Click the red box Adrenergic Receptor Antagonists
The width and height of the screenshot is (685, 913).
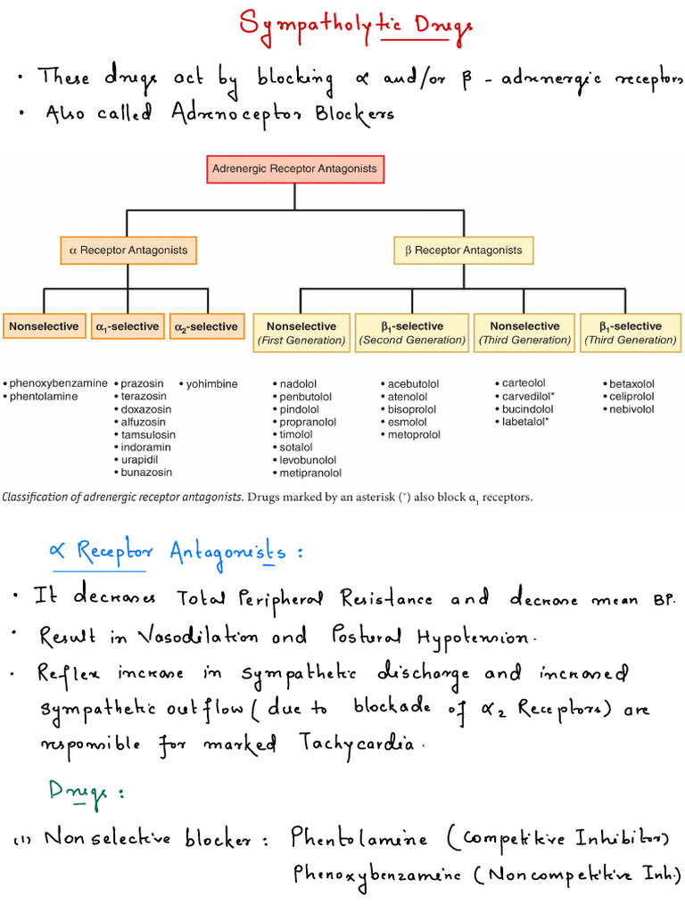click(293, 169)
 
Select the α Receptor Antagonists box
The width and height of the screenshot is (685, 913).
click(128, 251)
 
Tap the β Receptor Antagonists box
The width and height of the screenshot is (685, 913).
click(464, 251)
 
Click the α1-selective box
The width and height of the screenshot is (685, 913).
click(128, 327)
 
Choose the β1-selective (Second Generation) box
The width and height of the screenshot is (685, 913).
click(412, 333)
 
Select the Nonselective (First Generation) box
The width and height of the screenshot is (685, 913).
click(301, 333)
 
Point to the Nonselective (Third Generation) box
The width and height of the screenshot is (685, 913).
click(524, 333)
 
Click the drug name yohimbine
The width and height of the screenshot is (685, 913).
click(210, 384)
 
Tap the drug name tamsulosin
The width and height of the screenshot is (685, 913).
click(147, 435)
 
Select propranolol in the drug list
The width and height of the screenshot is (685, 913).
click(307, 423)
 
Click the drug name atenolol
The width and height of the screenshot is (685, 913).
click(407, 397)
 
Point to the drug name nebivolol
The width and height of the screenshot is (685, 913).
click(631, 409)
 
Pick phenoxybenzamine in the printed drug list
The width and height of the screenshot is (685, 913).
click(58, 384)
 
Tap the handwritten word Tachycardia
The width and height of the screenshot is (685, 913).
click(359, 743)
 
